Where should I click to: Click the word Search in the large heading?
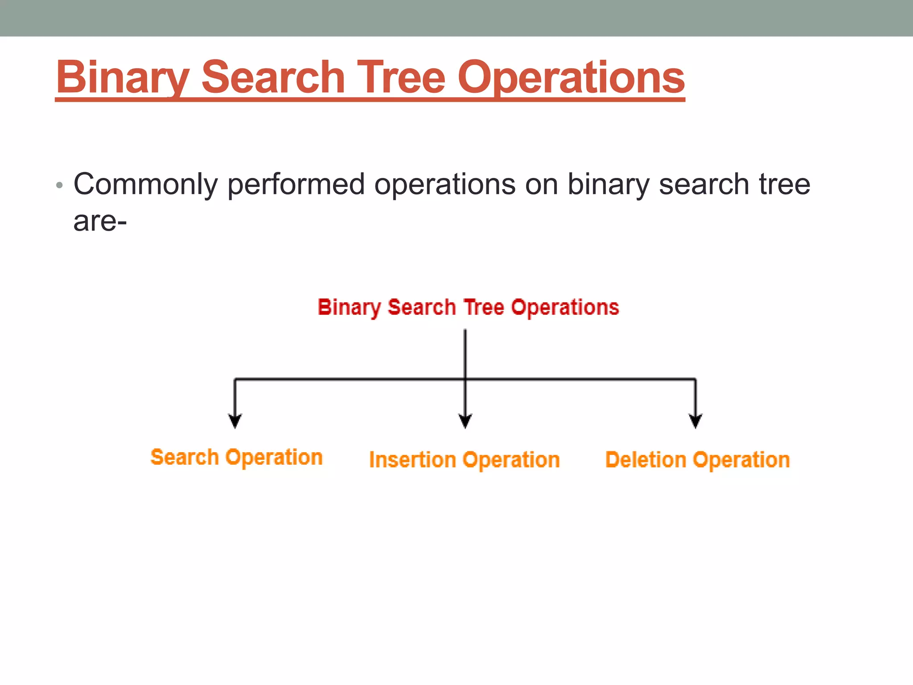[273, 78]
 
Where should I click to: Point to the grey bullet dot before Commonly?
[59, 185]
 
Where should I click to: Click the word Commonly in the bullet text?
[145, 184]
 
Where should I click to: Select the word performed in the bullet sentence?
[296, 184]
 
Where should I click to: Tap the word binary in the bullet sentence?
[608, 184]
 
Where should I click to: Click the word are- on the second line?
[100, 221]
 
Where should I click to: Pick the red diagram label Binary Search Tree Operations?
[468, 307]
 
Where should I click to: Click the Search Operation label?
[236, 458]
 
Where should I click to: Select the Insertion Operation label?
[465, 460]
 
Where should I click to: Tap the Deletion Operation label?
[697, 460]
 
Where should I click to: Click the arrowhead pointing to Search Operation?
[235, 421]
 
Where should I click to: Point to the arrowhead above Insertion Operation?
[465, 421]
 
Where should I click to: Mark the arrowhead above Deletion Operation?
[695, 421]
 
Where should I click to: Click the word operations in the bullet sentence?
[444, 184]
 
